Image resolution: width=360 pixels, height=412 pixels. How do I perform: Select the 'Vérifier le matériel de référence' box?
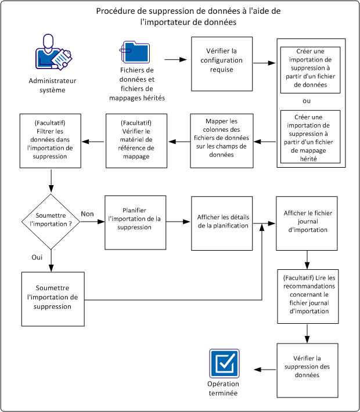pos(137,141)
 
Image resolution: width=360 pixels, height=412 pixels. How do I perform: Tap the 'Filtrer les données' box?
pos(51,141)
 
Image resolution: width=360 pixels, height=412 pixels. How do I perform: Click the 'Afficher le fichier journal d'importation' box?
pos(307,223)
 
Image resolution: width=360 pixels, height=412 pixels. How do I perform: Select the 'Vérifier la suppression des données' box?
pos(307,369)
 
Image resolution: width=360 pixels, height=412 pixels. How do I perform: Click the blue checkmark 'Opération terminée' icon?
pos(224,364)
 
